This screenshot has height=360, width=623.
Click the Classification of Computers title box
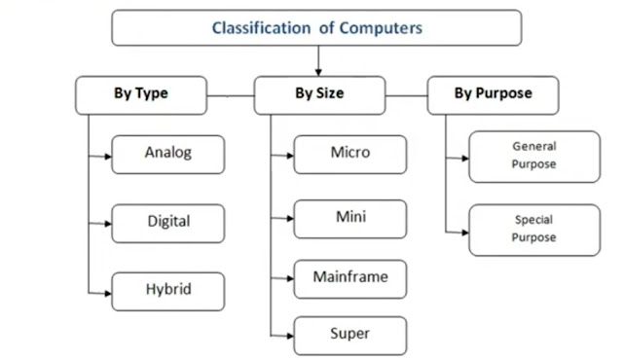tap(317, 28)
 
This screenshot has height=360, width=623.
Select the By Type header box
tap(140, 95)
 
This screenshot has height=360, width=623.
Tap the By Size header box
tap(318, 95)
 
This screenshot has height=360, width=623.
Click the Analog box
tap(168, 154)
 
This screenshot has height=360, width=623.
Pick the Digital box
tap(168, 222)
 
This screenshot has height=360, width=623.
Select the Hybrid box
tap(168, 291)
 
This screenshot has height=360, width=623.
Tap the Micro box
tap(350, 154)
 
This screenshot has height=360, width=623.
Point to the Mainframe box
tap(350, 278)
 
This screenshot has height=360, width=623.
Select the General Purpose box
tap(533, 156)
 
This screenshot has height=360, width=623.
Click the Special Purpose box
tap(533, 230)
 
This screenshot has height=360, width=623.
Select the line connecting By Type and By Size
tap(230, 95)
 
